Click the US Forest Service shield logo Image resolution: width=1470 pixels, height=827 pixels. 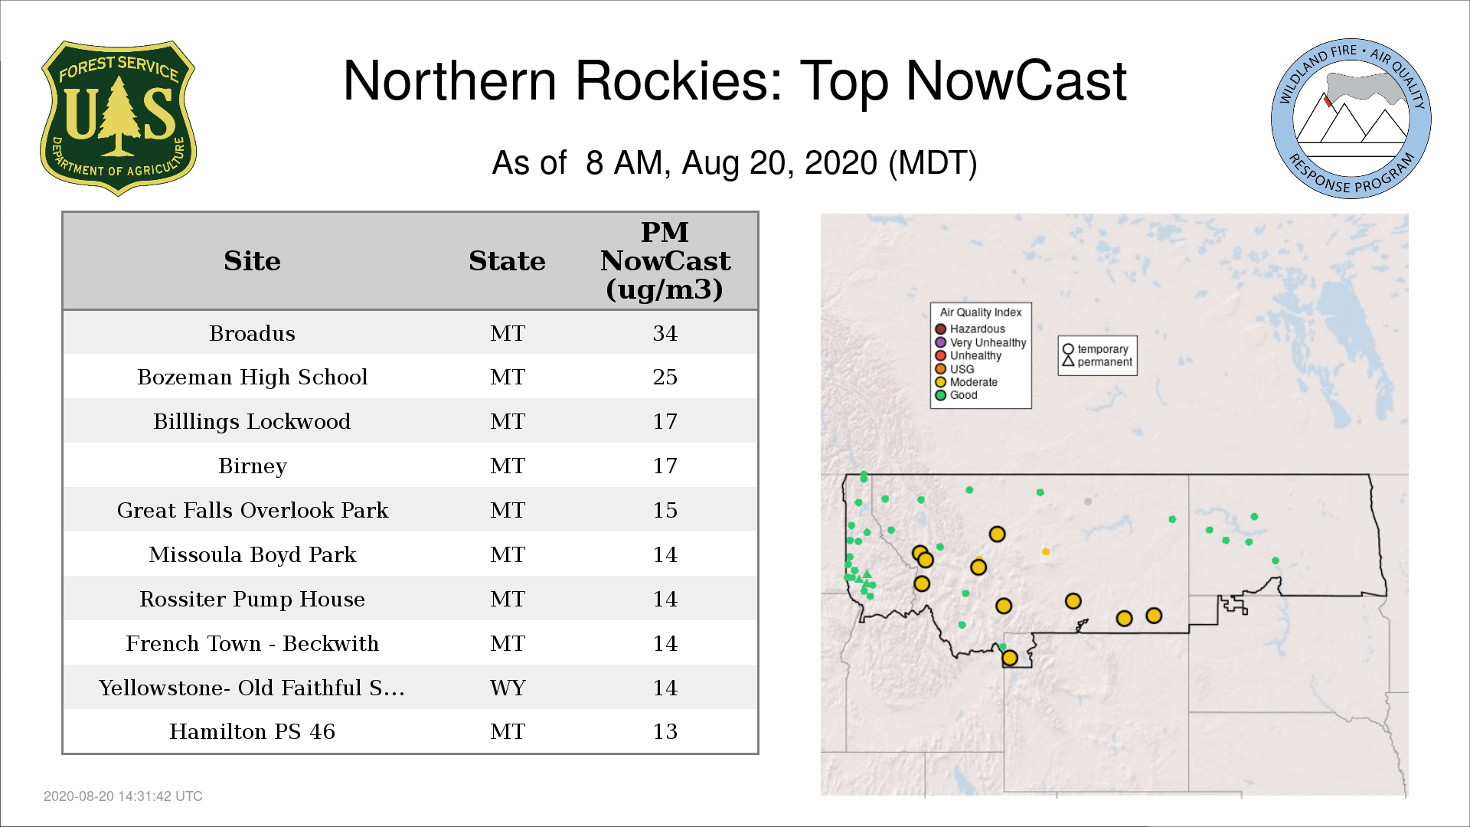coord(118,119)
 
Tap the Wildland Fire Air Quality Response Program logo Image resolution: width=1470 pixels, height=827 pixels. coord(1351,119)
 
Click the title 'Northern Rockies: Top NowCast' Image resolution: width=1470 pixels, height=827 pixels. coord(735,80)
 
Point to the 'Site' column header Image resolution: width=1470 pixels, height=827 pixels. coord(253,261)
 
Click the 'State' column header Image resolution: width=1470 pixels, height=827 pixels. coord(508,261)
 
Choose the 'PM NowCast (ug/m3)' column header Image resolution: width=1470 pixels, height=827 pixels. coord(665,260)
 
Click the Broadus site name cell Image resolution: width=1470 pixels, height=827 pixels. coord(253,333)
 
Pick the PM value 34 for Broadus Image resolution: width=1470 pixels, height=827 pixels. coord(665,333)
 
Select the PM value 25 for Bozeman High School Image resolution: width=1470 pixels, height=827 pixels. coord(665,377)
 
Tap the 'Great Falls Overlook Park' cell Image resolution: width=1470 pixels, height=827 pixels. coord(253,510)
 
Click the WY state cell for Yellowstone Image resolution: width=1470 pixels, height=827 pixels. coord(508,688)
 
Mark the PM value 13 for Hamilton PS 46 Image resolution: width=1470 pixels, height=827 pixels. coord(665,731)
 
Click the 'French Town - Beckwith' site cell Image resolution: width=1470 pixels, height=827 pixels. coord(253,643)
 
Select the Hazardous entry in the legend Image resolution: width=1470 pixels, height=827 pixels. coord(970,329)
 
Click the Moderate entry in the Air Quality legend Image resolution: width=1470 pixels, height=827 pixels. coord(966,382)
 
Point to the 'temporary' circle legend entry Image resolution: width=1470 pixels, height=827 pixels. coord(1096,349)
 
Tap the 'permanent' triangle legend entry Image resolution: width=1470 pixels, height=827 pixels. coord(1097,361)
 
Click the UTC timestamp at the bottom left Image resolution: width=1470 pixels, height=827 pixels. coord(123,796)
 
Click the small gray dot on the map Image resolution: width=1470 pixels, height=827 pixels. coord(1088,502)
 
